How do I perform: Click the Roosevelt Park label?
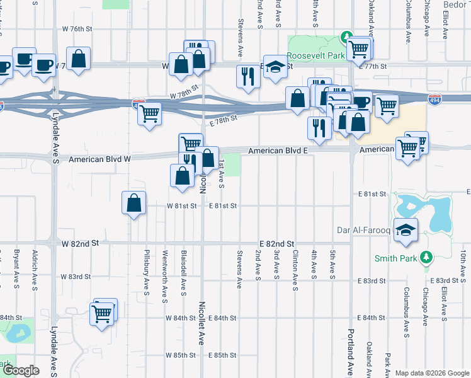316,55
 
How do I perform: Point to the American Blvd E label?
277,151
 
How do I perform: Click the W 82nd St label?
81,243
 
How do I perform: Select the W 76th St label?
77,29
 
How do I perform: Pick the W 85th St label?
181,355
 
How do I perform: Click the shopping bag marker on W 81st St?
133,203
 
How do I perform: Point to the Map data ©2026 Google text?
432,373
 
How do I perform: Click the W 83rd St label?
76,277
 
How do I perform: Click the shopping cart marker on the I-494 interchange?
150,114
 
